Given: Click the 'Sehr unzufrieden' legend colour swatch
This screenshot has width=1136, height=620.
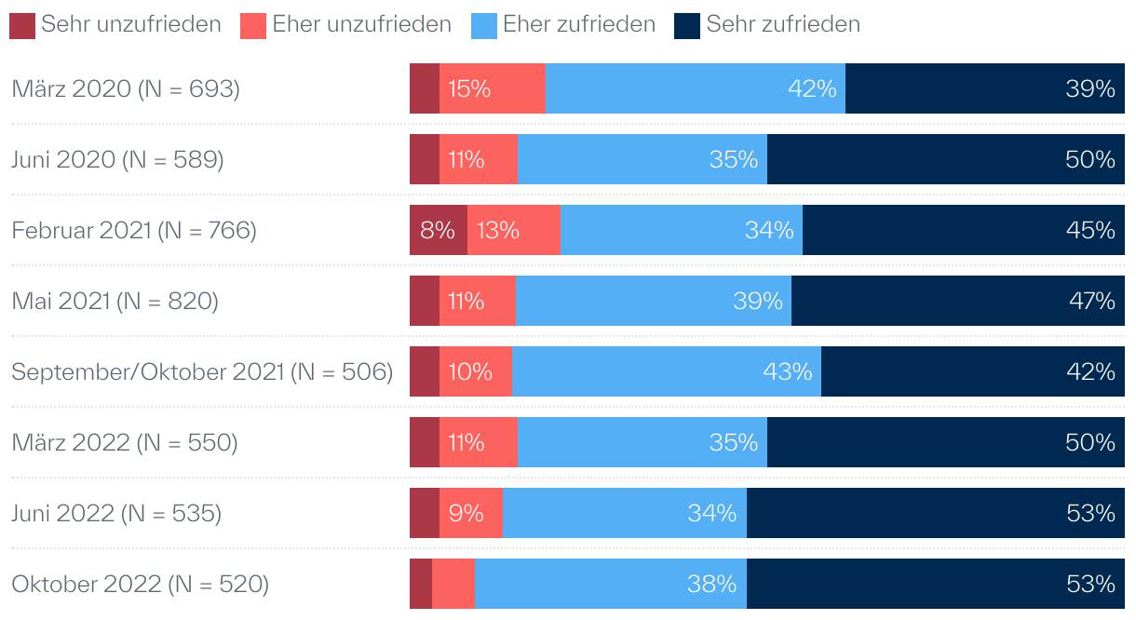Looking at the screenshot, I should click(22, 25).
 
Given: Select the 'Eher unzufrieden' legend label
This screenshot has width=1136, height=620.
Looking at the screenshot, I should click(361, 25).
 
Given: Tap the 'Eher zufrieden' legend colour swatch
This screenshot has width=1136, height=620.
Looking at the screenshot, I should click(484, 25).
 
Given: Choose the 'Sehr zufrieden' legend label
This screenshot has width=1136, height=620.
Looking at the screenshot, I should click(783, 25).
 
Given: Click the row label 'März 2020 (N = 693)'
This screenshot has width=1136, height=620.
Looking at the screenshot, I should click(126, 89).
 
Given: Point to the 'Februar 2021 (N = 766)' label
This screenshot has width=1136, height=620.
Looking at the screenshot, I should click(134, 231).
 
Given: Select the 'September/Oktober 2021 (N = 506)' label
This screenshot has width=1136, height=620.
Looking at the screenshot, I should click(202, 372).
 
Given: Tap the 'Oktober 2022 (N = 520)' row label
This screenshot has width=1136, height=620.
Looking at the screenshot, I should click(140, 585).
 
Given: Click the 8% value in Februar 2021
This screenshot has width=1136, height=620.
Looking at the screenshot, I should click(438, 230).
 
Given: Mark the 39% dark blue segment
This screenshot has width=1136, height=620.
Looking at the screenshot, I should click(984, 88).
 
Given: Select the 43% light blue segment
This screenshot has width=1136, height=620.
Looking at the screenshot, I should click(666, 371).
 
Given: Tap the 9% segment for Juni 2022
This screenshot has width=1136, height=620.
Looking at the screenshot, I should click(471, 513).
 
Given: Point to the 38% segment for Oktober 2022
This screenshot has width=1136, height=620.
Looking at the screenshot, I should click(610, 584).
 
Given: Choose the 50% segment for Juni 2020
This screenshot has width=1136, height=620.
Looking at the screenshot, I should click(945, 159).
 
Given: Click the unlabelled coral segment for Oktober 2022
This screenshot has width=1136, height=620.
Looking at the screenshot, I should click(453, 584).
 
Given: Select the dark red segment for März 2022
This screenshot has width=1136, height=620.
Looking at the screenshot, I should click(425, 442).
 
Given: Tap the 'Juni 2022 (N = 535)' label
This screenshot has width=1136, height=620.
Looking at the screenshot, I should click(116, 514).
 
